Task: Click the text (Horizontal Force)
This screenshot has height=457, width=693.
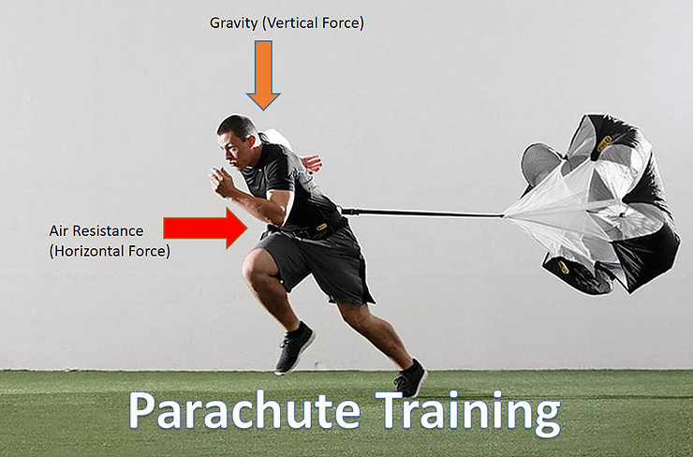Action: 110,250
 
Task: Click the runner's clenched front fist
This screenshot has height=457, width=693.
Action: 222,181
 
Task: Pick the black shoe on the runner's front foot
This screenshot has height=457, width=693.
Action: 294,348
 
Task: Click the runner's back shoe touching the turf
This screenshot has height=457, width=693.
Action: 410,378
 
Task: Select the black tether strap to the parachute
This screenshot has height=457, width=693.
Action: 421,214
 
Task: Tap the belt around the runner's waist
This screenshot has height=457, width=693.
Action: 309,226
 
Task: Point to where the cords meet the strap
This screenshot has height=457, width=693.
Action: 504,216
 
